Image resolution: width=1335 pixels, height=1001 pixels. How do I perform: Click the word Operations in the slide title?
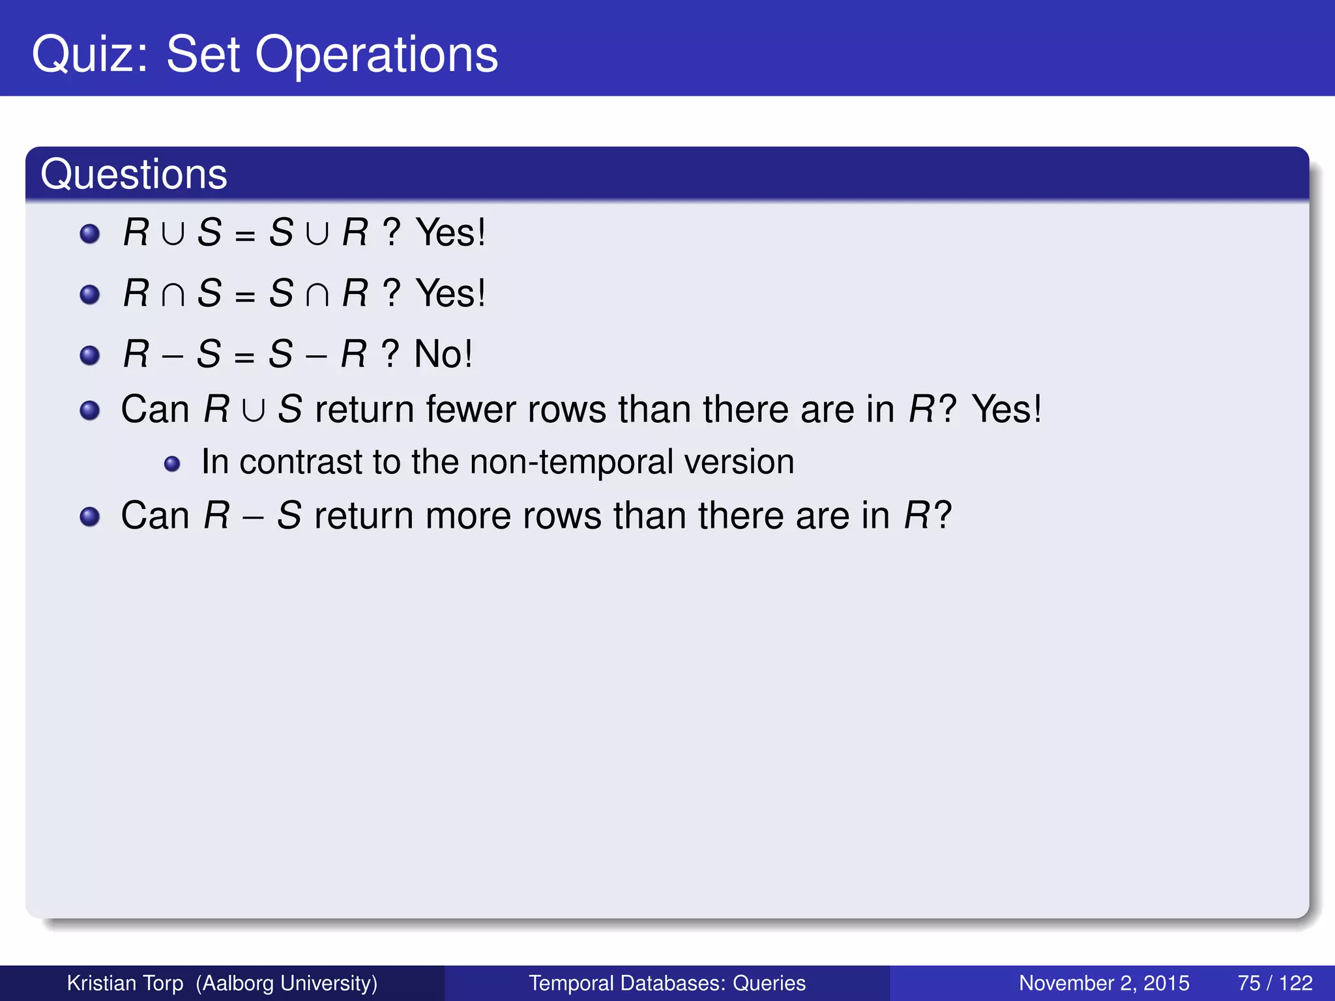(376, 55)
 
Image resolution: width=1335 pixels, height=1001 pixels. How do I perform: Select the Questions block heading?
(134, 174)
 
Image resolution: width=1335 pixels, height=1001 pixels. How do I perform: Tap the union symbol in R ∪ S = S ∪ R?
(173, 233)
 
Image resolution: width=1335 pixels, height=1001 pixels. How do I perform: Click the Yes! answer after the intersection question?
(450, 293)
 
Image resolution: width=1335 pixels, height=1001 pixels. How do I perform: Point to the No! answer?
(443, 354)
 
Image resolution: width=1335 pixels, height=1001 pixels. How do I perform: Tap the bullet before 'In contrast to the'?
(172, 464)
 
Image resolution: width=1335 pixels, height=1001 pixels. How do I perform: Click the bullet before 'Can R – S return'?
(89, 517)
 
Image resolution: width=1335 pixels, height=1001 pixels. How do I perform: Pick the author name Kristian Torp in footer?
(125, 983)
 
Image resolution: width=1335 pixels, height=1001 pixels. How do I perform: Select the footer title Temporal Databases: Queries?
(667, 983)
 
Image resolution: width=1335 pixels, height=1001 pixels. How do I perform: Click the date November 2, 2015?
(1104, 983)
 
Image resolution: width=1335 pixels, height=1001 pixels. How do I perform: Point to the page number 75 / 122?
(1274, 983)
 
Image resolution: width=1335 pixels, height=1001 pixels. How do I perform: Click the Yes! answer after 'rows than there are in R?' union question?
(1006, 409)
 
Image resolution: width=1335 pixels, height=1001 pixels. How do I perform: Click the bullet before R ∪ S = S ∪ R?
(89, 234)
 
